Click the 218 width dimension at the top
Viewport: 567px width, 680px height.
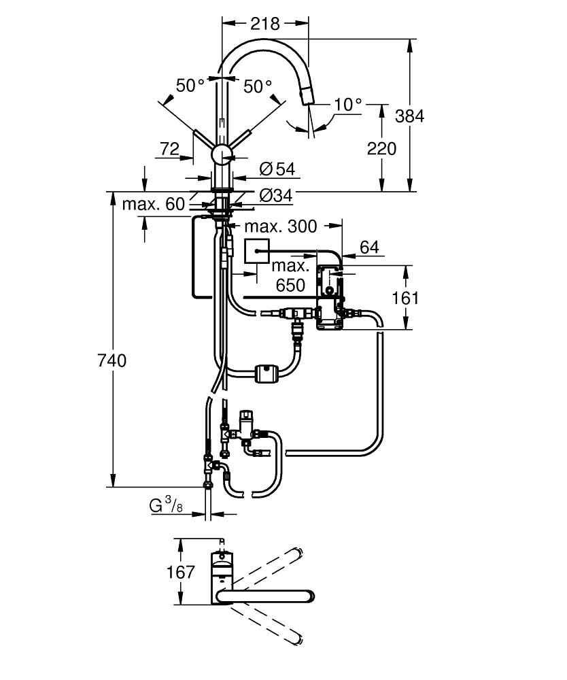tap(265, 24)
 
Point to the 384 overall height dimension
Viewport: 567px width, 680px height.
tap(410, 116)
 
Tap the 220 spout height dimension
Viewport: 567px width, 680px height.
tap(381, 149)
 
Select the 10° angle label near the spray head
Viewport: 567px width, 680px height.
tap(347, 105)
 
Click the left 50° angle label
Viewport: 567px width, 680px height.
tap(190, 86)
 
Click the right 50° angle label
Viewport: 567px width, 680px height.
tap(258, 86)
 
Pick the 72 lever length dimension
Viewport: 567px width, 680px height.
tap(169, 149)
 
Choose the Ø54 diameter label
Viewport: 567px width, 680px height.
tap(277, 169)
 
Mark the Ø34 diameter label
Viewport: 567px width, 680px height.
tap(276, 196)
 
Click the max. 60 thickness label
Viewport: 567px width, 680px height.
tap(154, 204)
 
